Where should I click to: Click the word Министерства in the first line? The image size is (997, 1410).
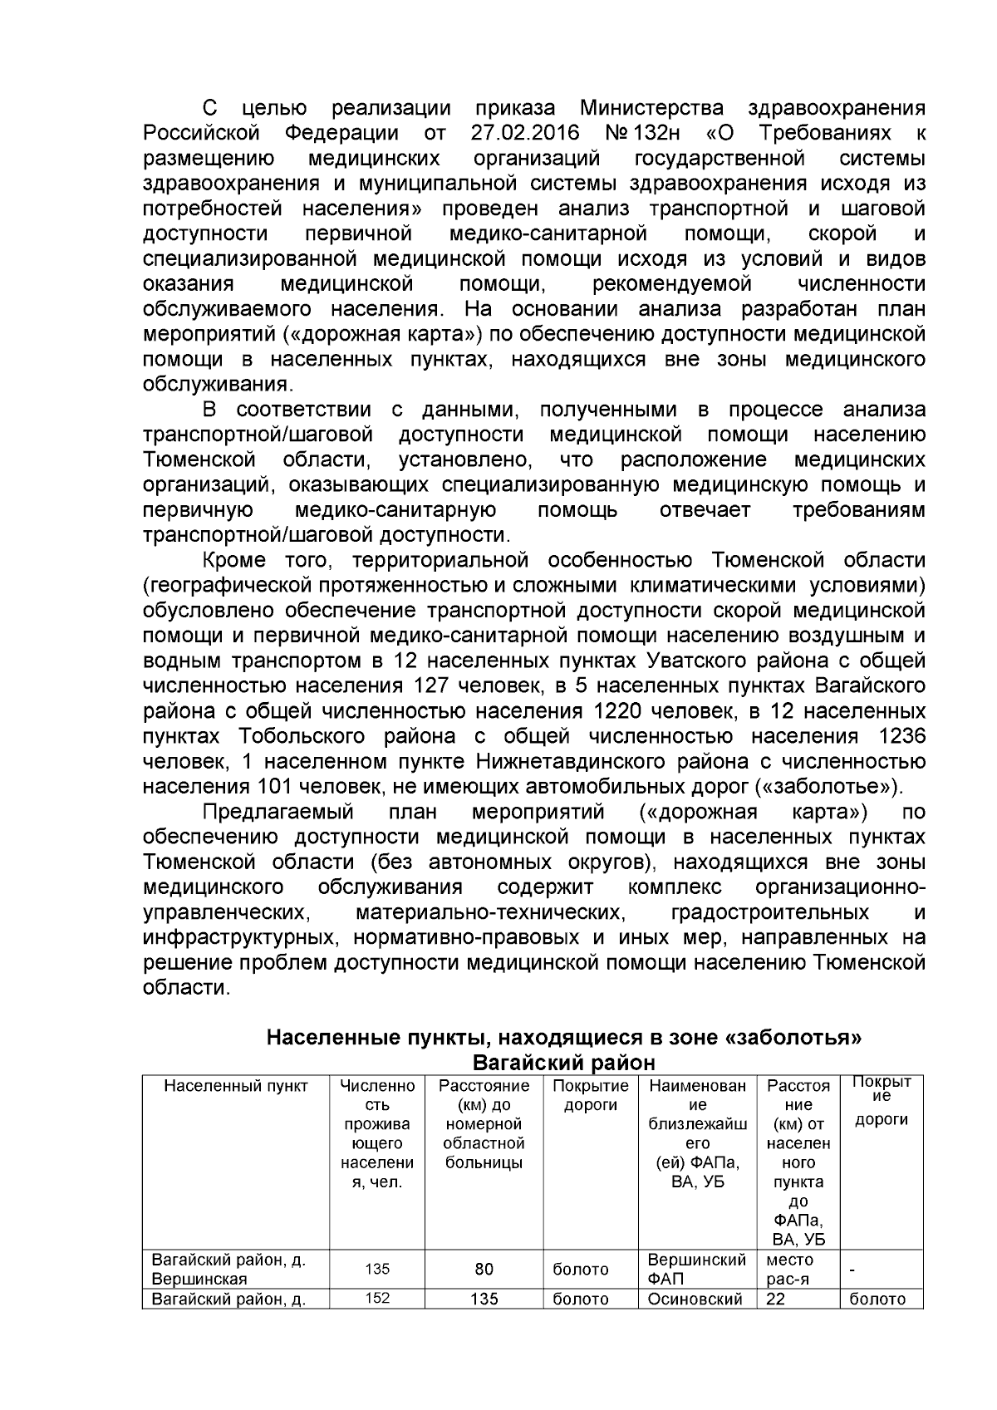[x=651, y=108]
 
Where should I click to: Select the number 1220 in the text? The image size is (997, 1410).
[x=622, y=712]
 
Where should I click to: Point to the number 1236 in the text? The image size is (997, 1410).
[x=901, y=737]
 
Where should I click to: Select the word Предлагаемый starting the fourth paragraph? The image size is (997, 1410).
[x=278, y=812]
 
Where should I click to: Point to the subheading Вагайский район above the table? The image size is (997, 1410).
[x=563, y=1063]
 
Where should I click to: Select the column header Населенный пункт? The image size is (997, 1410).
[x=236, y=1086]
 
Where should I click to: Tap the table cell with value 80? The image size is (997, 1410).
[x=484, y=1269]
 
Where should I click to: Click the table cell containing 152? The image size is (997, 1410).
[x=377, y=1298]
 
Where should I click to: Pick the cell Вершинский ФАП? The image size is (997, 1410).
[x=696, y=1269]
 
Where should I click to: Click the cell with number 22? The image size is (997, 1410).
[x=776, y=1299]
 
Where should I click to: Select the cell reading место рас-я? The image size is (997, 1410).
[x=790, y=1269]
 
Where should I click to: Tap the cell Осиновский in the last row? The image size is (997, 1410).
[x=694, y=1299]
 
